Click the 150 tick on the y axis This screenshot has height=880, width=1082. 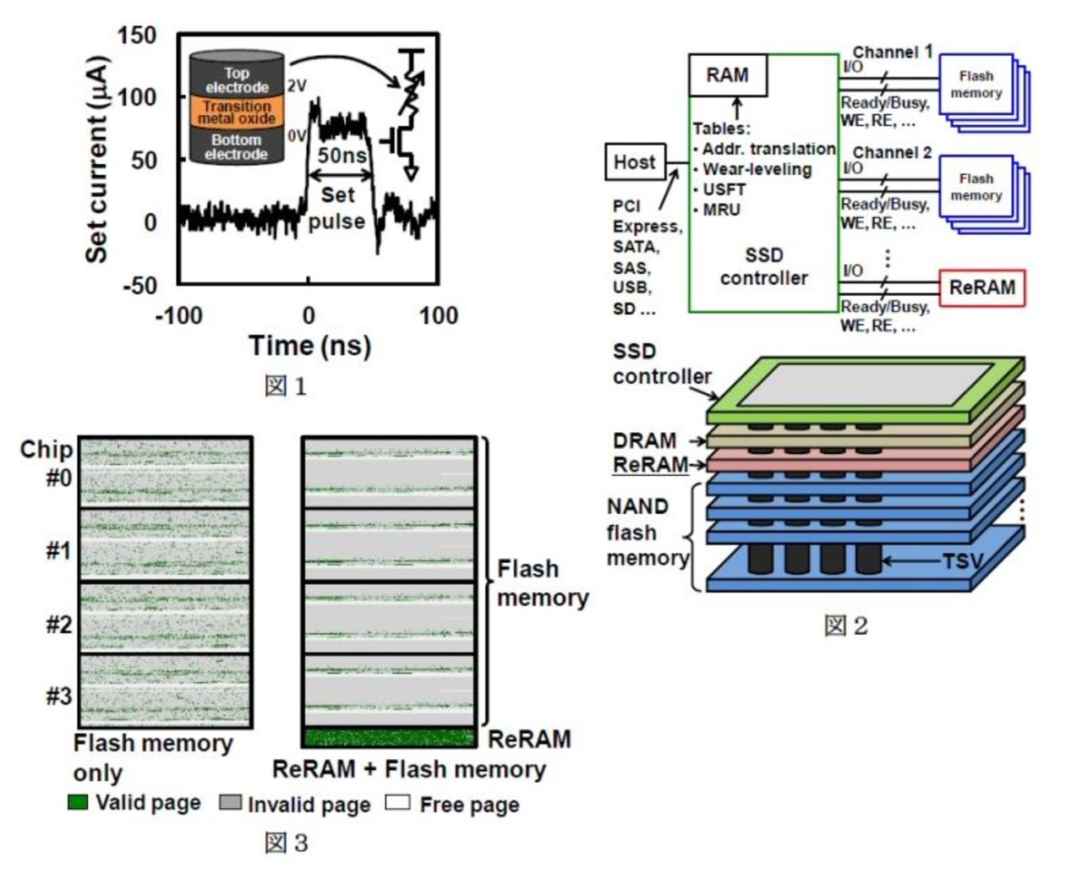point(137,36)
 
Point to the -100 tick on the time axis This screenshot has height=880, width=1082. point(178,316)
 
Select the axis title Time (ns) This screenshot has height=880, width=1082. point(309,346)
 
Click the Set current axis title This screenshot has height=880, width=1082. point(97,160)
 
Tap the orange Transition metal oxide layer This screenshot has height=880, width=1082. point(237,112)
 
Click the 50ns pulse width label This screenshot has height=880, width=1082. point(342,156)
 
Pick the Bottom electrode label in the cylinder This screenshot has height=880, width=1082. point(236,147)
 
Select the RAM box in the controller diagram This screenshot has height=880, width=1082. point(728,75)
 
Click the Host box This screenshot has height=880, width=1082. point(634,162)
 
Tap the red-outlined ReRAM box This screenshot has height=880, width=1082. point(981,287)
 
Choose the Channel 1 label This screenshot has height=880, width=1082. point(892,52)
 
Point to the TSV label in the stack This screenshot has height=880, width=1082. point(962,560)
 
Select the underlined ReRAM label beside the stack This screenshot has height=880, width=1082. point(650,464)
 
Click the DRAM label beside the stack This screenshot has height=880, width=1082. point(644,440)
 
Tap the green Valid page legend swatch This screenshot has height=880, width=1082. point(78,801)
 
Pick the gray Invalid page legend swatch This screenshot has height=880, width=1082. point(230,801)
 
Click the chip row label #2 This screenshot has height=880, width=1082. point(59,625)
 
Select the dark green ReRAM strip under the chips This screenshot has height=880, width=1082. point(389,737)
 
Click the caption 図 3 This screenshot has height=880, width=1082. point(286,842)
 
